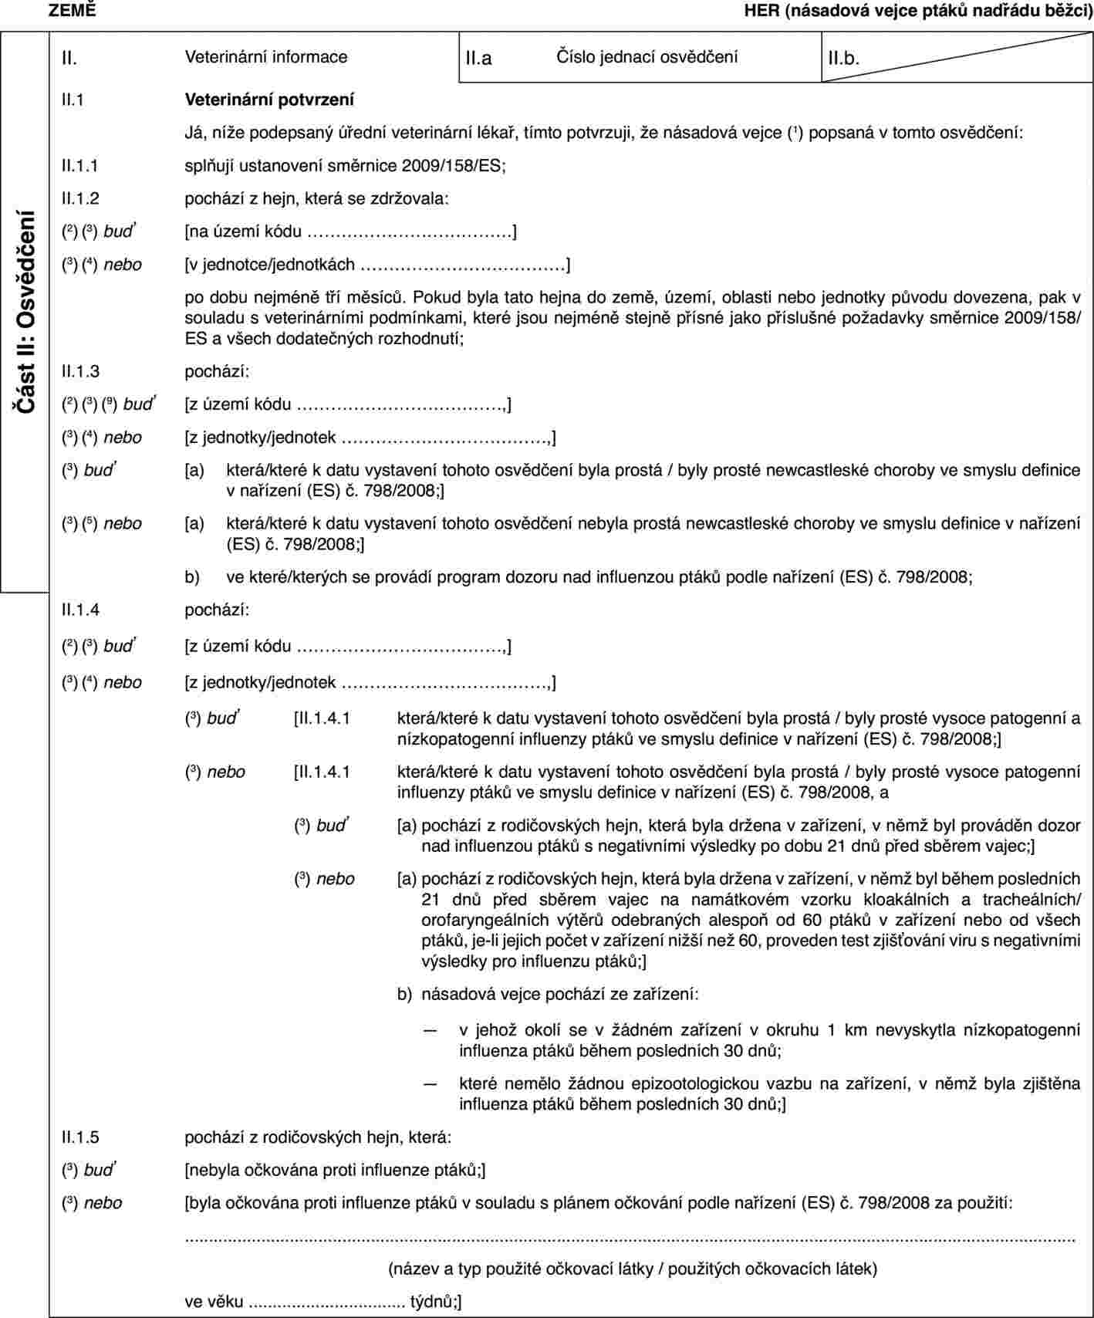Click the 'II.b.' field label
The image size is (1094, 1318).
pos(843,58)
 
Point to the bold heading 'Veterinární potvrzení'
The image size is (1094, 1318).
pos(269,100)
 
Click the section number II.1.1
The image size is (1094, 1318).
pos(80,165)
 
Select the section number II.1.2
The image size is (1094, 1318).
pos(80,198)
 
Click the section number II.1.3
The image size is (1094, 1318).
pos(80,371)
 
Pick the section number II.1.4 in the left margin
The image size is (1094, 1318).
pos(80,610)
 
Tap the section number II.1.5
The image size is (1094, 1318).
pos(80,1137)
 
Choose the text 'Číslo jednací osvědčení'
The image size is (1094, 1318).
pos(647,56)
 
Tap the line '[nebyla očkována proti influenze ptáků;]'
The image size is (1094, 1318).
pos(335,1170)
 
